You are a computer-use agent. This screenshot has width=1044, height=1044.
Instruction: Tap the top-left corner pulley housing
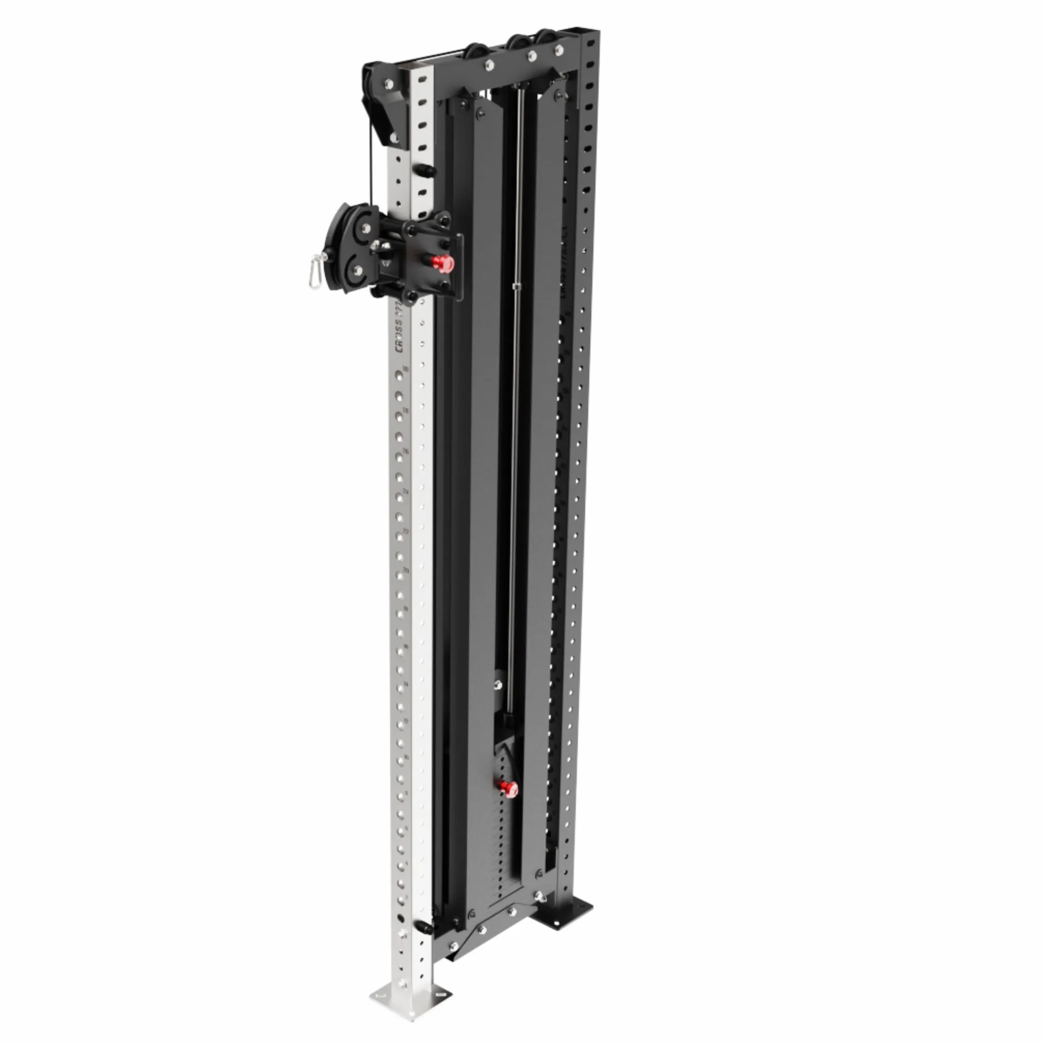pyautogui.click(x=384, y=105)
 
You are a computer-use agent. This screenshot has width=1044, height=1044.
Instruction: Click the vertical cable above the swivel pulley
pyautogui.click(x=371, y=168)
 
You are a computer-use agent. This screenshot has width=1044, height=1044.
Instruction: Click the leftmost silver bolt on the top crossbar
pyautogui.click(x=489, y=65)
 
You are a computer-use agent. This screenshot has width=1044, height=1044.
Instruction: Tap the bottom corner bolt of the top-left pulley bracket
pyautogui.click(x=394, y=138)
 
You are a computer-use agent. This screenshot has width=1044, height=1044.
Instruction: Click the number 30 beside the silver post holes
pyautogui.click(x=405, y=370)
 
